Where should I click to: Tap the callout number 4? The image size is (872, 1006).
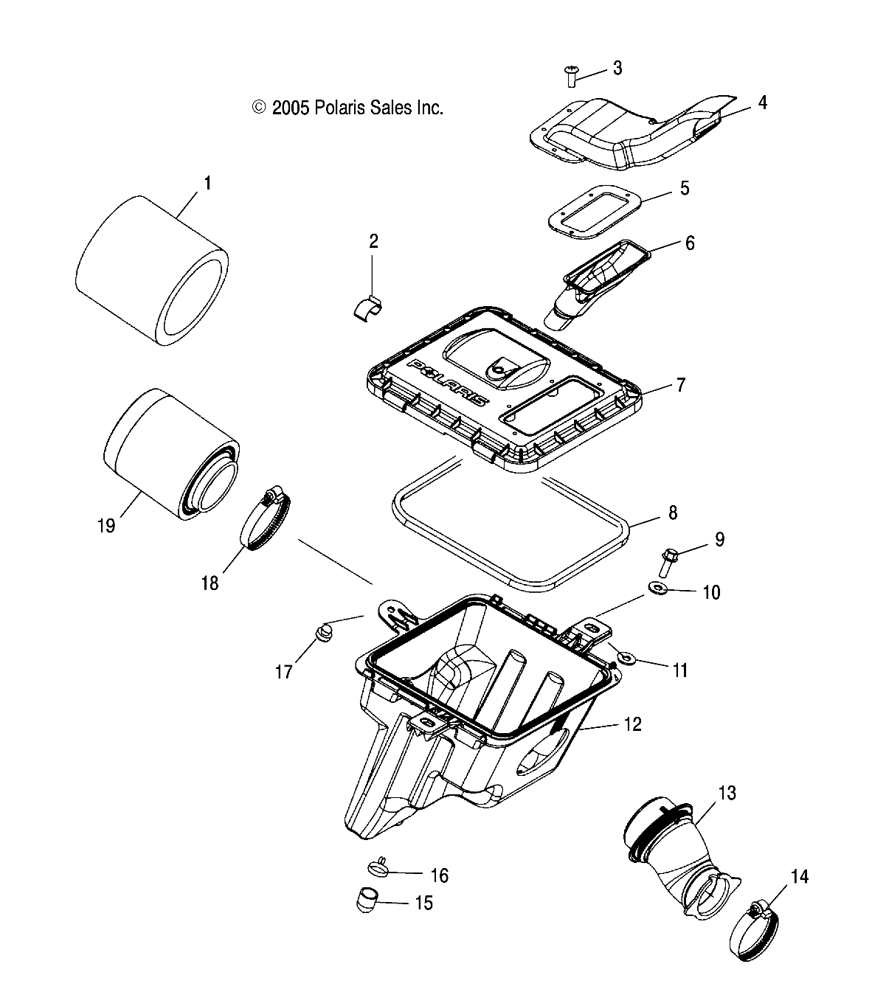point(762,103)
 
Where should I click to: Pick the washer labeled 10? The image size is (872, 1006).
point(657,588)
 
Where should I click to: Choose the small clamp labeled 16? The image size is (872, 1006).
point(376,867)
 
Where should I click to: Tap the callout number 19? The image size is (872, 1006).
point(106,526)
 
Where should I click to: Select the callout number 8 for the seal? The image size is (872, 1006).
point(671,513)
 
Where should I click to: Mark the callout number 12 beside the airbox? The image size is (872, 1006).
point(632,724)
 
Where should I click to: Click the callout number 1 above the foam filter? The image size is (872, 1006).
point(207,183)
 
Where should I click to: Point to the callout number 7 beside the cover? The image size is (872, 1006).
point(680,385)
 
